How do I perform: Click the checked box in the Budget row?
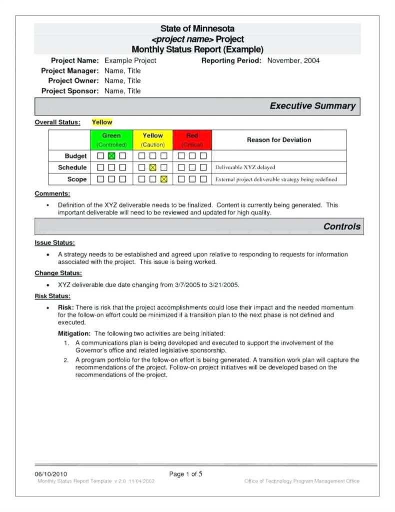[111, 156]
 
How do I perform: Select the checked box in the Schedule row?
[153, 167]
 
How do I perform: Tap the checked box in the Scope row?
[164, 179]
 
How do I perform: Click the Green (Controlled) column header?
[111, 139]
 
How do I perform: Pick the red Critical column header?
[192, 139]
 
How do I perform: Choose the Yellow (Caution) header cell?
[153, 139]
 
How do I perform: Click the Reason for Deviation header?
[279, 140]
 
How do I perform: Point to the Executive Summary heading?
[312, 106]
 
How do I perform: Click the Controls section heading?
[342, 226]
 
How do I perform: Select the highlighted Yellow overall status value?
[102, 122]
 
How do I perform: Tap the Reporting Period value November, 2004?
[293, 60]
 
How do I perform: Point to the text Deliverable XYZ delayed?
[245, 167]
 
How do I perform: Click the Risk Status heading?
[52, 296]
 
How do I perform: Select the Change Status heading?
[58, 273]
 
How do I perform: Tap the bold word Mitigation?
[74, 333]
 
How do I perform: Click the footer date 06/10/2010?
[50, 474]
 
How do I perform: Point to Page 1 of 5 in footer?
[186, 474]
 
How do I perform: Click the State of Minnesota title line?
[197, 29]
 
